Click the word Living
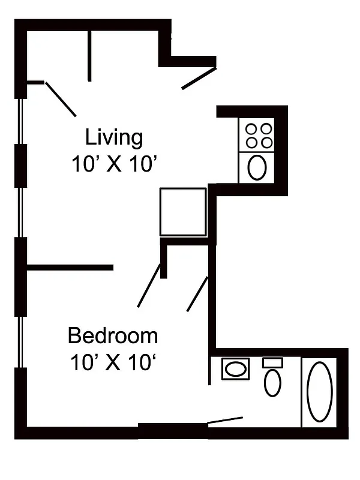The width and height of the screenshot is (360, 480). coord(114,137)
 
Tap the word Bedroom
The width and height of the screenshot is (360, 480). coord(113,335)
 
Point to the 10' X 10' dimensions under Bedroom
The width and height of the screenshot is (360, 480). coord(113,362)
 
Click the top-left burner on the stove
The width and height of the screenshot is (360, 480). coord(251,128)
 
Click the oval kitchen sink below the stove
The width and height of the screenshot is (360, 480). coord(257,167)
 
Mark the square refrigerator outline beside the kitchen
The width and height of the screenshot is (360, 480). coord(183,211)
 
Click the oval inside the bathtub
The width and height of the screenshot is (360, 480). coord(320,391)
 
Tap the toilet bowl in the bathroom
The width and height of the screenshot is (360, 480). coord(272,382)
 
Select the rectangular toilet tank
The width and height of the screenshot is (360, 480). coord(272,362)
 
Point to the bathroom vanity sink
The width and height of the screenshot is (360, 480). coord(235,368)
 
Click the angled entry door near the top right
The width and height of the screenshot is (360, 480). coord(199,79)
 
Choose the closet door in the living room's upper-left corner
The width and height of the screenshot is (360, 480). coord(61,99)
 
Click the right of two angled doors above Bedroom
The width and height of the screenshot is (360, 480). coord(197,294)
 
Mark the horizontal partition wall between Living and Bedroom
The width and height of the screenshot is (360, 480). coord(70,267)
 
